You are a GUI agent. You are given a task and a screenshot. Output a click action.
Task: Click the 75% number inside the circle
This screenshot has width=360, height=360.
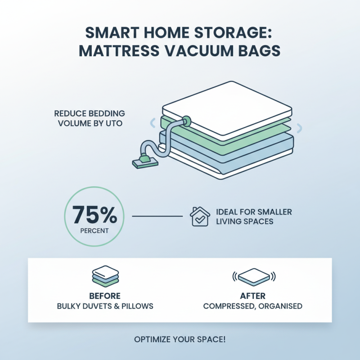95,216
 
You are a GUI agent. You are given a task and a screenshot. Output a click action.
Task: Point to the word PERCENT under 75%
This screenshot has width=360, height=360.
95,232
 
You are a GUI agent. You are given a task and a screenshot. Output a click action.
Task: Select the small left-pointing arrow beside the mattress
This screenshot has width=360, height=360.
153,122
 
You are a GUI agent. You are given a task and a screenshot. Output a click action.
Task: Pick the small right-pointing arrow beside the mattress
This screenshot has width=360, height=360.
300,128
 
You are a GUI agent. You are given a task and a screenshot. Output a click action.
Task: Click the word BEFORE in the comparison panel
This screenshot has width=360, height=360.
105,296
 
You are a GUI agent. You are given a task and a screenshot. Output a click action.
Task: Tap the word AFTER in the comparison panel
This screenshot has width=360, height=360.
252,296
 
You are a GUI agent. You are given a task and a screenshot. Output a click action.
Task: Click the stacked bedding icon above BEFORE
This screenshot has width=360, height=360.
105,276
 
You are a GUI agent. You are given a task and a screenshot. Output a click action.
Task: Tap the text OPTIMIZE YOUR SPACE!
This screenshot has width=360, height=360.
180,339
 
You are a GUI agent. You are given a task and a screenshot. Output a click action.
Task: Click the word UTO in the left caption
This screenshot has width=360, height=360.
114,122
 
